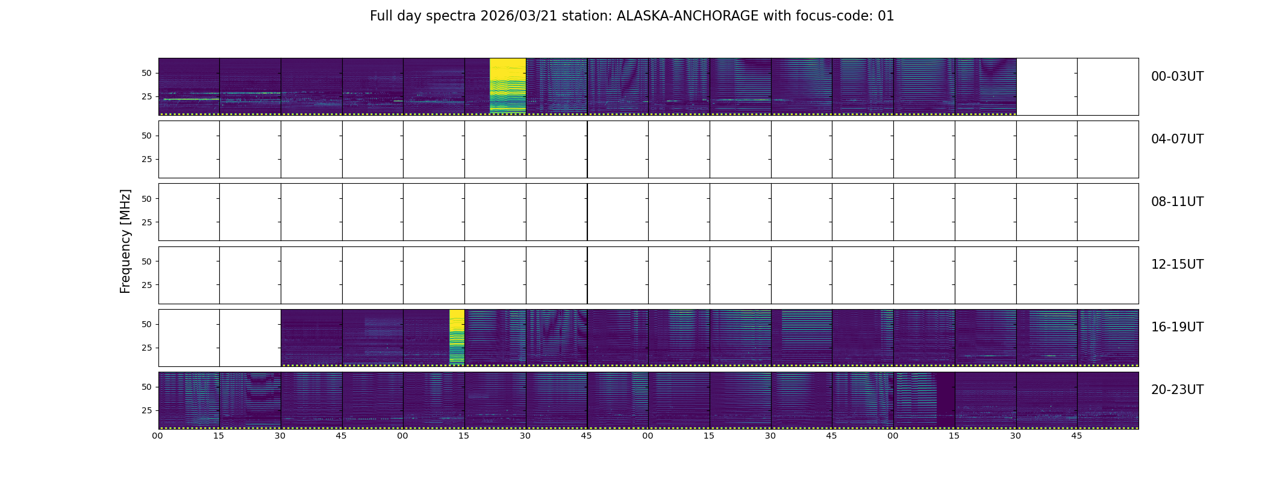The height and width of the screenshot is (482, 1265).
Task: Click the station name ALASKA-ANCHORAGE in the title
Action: [687, 16]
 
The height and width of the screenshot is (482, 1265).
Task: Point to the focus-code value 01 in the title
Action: [885, 16]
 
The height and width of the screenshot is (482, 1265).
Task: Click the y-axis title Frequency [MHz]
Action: [125, 241]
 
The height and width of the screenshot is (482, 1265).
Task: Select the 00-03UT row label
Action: [1177, 77]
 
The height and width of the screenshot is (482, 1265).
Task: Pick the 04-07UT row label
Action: [1177, 139]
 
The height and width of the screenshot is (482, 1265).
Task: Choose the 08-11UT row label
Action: [1177, 202]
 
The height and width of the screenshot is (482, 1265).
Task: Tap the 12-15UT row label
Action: [1177, 264]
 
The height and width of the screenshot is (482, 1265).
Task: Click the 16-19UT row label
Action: [1177, 327]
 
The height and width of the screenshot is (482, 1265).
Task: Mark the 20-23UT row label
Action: [1177, 390]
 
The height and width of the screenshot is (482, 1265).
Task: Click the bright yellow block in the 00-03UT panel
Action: [508, 86]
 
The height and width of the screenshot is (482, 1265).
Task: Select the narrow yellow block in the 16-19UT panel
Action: [457, 337]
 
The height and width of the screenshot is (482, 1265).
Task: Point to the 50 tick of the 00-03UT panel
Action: [146, 73]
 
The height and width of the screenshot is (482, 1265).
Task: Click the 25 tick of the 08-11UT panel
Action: [146, 222]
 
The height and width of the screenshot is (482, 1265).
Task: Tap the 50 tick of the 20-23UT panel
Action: [146, 387]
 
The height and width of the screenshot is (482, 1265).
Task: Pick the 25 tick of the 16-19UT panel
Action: [146, 348]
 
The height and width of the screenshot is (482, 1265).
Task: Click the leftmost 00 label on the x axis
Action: [158, 436]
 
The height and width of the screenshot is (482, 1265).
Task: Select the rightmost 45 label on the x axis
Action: [1076, 436]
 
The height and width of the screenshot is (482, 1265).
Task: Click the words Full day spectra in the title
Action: [423, 16]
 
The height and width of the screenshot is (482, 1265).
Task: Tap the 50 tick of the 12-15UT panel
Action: [146, 261]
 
